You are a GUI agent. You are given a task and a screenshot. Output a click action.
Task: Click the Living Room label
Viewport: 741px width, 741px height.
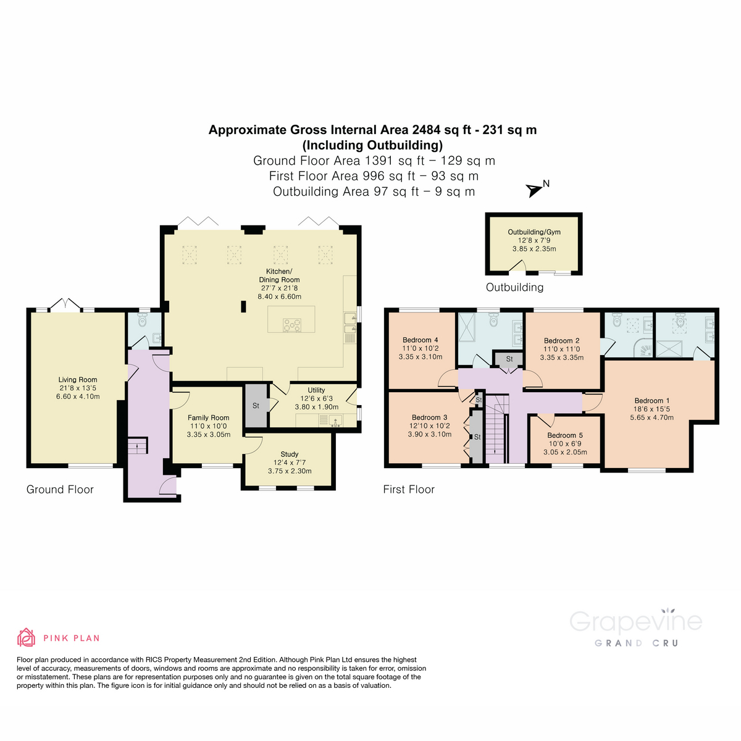(78, 380)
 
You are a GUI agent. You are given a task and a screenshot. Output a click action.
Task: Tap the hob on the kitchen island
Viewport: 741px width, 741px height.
(291, 324)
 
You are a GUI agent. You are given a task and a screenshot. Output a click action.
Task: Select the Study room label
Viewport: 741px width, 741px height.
(290, 454)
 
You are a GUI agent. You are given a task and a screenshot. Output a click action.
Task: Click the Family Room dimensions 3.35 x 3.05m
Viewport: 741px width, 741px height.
(209, 435)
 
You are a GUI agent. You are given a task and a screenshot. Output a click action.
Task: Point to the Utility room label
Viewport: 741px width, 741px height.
(316, 390)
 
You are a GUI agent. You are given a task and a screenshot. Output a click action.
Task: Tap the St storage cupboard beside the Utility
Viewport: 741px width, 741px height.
(256, 406)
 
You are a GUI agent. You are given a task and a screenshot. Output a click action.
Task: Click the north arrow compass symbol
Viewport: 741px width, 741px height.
(534, 190)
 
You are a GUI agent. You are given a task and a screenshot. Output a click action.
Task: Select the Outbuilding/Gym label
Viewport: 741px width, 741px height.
(534, 232)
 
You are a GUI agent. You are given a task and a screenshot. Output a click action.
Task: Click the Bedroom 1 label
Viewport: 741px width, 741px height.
(651, 401)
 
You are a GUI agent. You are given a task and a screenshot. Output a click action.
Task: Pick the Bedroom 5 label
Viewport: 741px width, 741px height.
(565, 435)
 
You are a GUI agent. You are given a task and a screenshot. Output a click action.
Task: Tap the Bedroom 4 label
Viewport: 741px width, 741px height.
(420, 340)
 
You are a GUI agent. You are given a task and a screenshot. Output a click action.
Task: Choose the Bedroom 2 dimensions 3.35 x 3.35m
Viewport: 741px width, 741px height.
(561, 358)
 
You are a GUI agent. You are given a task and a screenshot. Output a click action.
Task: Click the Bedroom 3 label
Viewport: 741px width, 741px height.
(429, 418)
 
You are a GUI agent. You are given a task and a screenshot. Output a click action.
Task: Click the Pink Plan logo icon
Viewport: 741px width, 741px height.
(26, 637)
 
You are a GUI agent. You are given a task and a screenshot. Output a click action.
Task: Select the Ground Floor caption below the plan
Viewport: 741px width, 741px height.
(60, 490)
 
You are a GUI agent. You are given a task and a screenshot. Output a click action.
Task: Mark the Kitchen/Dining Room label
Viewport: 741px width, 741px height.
(279, 275)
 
